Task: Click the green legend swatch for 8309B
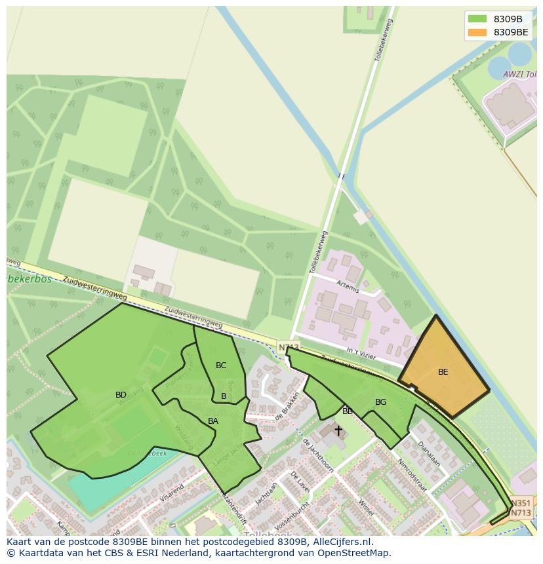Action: pos(477,19)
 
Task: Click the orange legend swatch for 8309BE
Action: pos(477,32)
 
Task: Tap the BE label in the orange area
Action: pos(443,372)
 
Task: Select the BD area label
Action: pos(121,395)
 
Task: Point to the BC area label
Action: pos(221,366)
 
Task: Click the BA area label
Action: pos(213,421)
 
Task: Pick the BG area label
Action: pos(380,402)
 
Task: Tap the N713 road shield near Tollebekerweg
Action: pos(288,347)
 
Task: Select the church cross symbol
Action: pos(338,430)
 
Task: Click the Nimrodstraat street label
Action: pos(412,475)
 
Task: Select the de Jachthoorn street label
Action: pos(318,455)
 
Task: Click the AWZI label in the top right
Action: pos(515,75)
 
